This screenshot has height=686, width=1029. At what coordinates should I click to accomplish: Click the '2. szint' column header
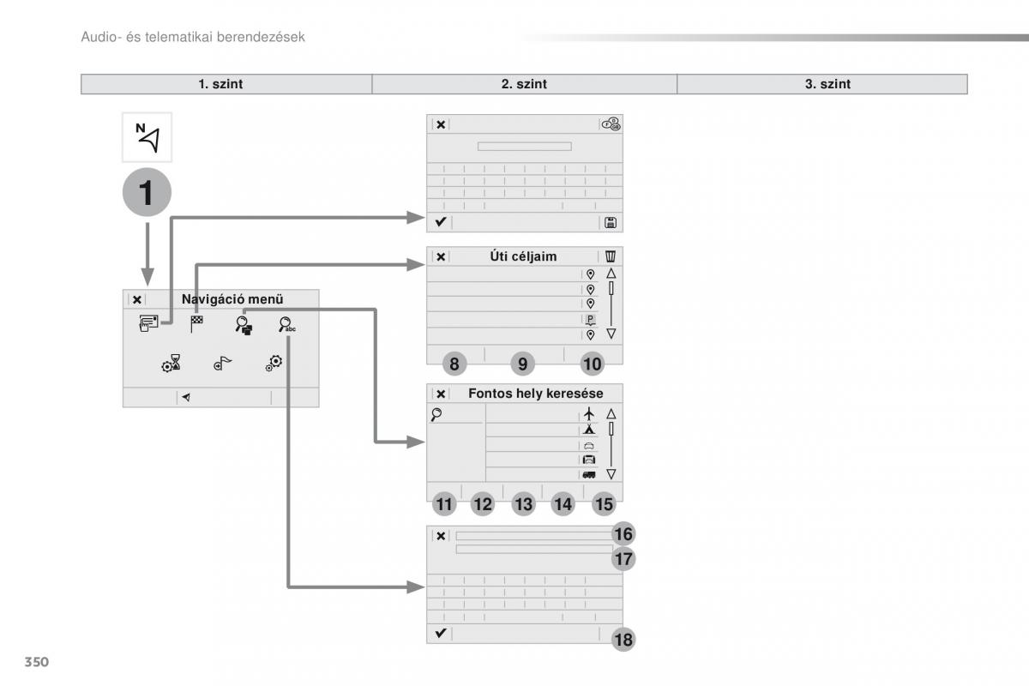tap(524, 84)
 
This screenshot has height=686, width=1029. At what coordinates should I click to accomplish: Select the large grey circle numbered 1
tap(147, 192)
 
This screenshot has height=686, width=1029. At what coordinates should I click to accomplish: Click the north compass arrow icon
tap(147, 137)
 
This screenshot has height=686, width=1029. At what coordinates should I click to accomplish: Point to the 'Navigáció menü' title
tap(232, 299)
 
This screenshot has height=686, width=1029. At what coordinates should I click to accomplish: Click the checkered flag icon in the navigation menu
tap(196, 323)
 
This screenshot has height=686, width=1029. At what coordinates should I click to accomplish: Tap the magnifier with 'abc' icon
tap(287, 325)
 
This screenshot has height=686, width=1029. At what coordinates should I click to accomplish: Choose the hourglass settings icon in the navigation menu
tap(171, 363)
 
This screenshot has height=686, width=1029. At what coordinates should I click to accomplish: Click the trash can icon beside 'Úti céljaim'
tap(611, 256)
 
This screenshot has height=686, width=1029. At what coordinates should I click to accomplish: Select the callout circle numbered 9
tap(522, 364)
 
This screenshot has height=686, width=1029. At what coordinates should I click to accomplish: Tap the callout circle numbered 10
tap(593, 364)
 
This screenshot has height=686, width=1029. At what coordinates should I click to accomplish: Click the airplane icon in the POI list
tap(589, 414)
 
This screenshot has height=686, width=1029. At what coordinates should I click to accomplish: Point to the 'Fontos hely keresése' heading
tap(536, 394)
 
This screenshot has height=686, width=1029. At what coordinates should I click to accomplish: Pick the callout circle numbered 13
tap(523, 504)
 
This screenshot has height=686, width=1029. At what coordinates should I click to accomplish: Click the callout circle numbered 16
tap(623, 534)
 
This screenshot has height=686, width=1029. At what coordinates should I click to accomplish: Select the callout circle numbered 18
tap(623, 640)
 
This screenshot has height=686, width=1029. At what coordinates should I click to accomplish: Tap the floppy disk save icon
tap(611, 223)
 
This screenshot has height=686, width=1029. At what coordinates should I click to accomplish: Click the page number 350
tap(36, 662)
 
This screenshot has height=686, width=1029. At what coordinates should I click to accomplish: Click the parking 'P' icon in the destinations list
tap(590, 319)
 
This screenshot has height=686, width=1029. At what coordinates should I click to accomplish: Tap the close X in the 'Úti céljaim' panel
tap(441, 256)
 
